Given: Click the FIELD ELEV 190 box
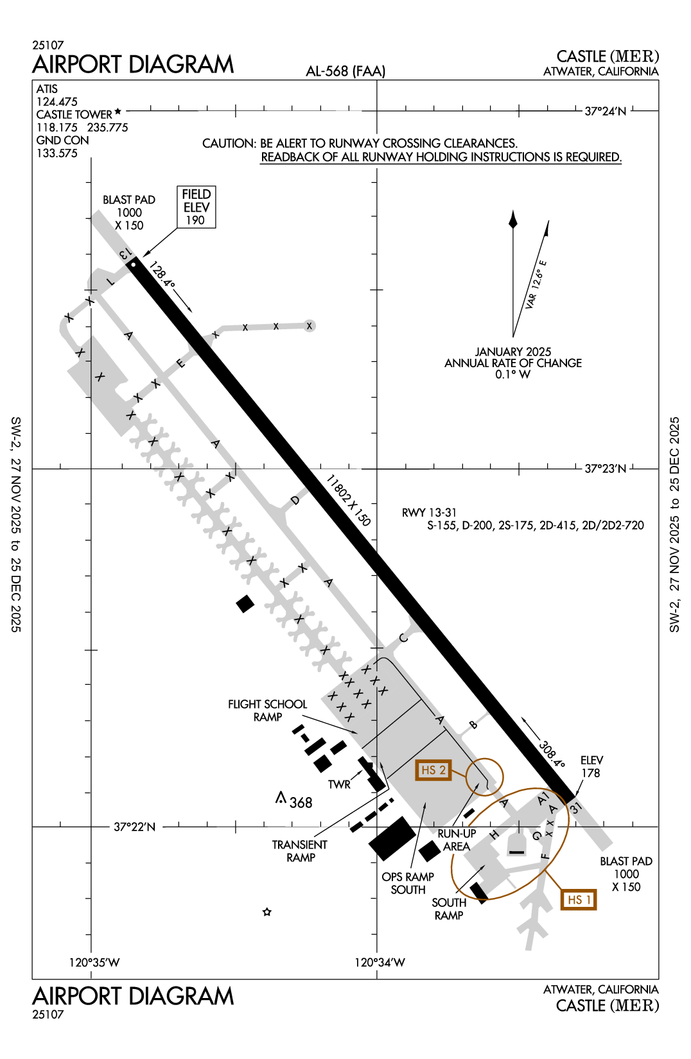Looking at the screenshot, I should click(197, 207).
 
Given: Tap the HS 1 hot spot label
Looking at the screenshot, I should click(579, 900).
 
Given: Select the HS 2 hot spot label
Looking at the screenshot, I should click(433, 770).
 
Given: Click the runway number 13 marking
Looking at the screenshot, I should click(125, 254).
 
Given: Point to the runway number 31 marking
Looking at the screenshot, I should click(575, 807).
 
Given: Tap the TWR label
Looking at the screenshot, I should click(339, 784).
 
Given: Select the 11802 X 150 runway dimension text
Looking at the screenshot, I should click(348, 500).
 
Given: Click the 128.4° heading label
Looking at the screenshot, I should click(161, 274).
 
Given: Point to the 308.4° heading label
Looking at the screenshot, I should click(552, 755).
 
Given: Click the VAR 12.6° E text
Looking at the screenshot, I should click(535, 285).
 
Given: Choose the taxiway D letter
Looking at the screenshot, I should click(295, 500).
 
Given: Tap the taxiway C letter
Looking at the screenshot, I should click(403, 638).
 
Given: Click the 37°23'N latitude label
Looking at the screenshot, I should click(605, 469).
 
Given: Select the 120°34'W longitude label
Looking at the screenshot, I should click(380, 962).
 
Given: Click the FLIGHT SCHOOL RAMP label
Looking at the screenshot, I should click(268, 710).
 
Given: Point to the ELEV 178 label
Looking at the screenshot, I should click(591, 766).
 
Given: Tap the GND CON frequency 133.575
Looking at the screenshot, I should click(57, 153).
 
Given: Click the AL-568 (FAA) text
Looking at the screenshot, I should click(345, 71).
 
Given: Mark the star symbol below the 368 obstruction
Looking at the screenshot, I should click(267, 912).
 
